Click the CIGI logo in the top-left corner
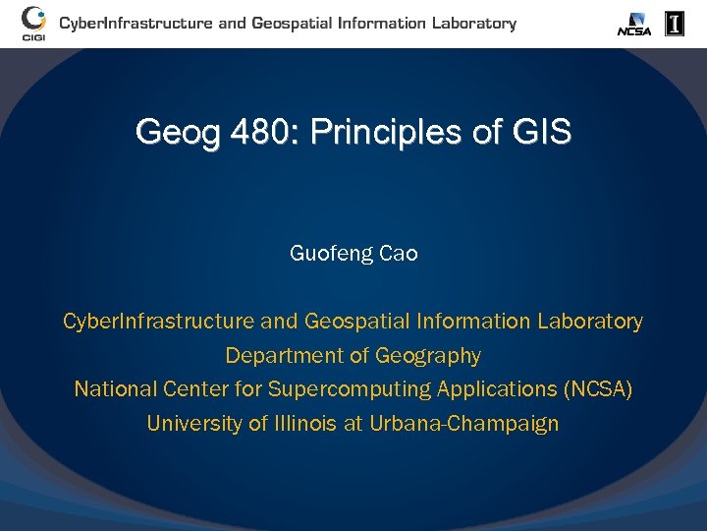pos(33,23)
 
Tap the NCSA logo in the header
pos(634,24)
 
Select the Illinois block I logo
pos(675,24)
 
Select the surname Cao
pos(399,254)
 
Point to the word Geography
pos(429,356)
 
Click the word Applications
pos(496,390)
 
